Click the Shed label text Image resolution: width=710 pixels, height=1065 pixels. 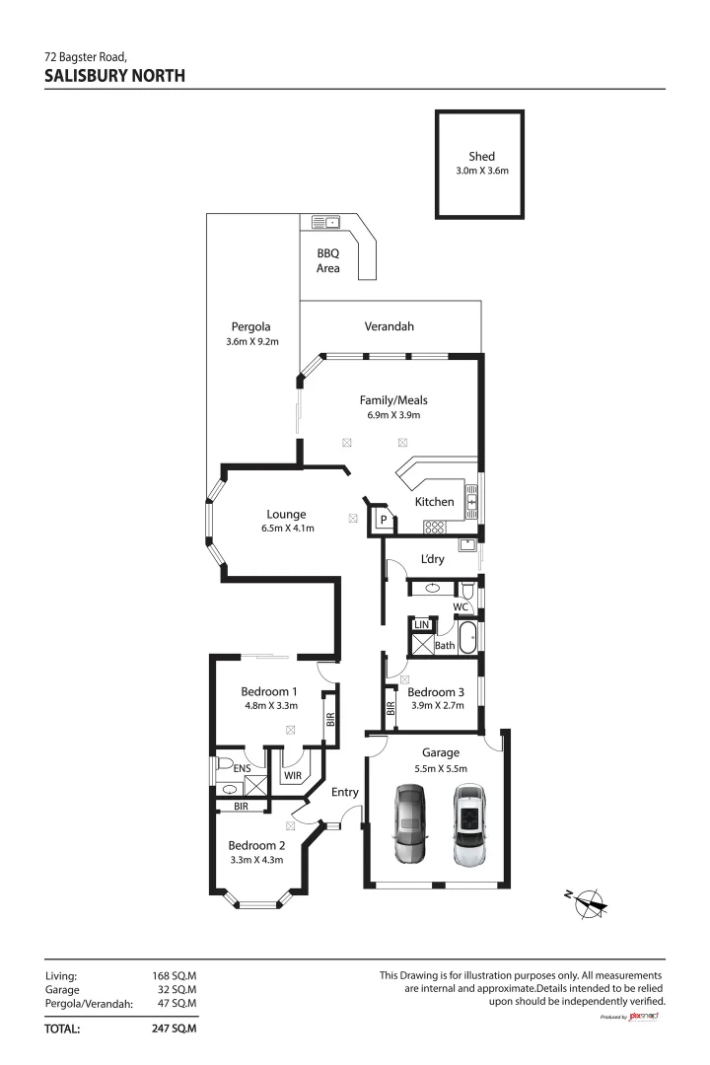point(481,156)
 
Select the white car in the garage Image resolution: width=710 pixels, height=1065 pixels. point(470,825)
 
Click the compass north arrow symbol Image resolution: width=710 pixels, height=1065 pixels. point(590,899)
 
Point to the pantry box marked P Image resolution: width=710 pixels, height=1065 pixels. point(383,520)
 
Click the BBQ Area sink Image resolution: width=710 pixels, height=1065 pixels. point(325,222)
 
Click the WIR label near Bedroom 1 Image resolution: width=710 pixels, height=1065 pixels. point(293,776)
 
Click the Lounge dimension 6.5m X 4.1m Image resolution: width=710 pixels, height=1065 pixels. point(286,529)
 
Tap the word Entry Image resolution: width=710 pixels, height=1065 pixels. point(345,792)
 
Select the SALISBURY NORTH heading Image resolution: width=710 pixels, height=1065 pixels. point(114,75)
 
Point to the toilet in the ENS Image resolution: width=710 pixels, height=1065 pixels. point(224,765)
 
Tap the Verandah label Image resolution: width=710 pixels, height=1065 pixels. point(390,326)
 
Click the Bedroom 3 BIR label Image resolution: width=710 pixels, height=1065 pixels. point(391,706)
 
